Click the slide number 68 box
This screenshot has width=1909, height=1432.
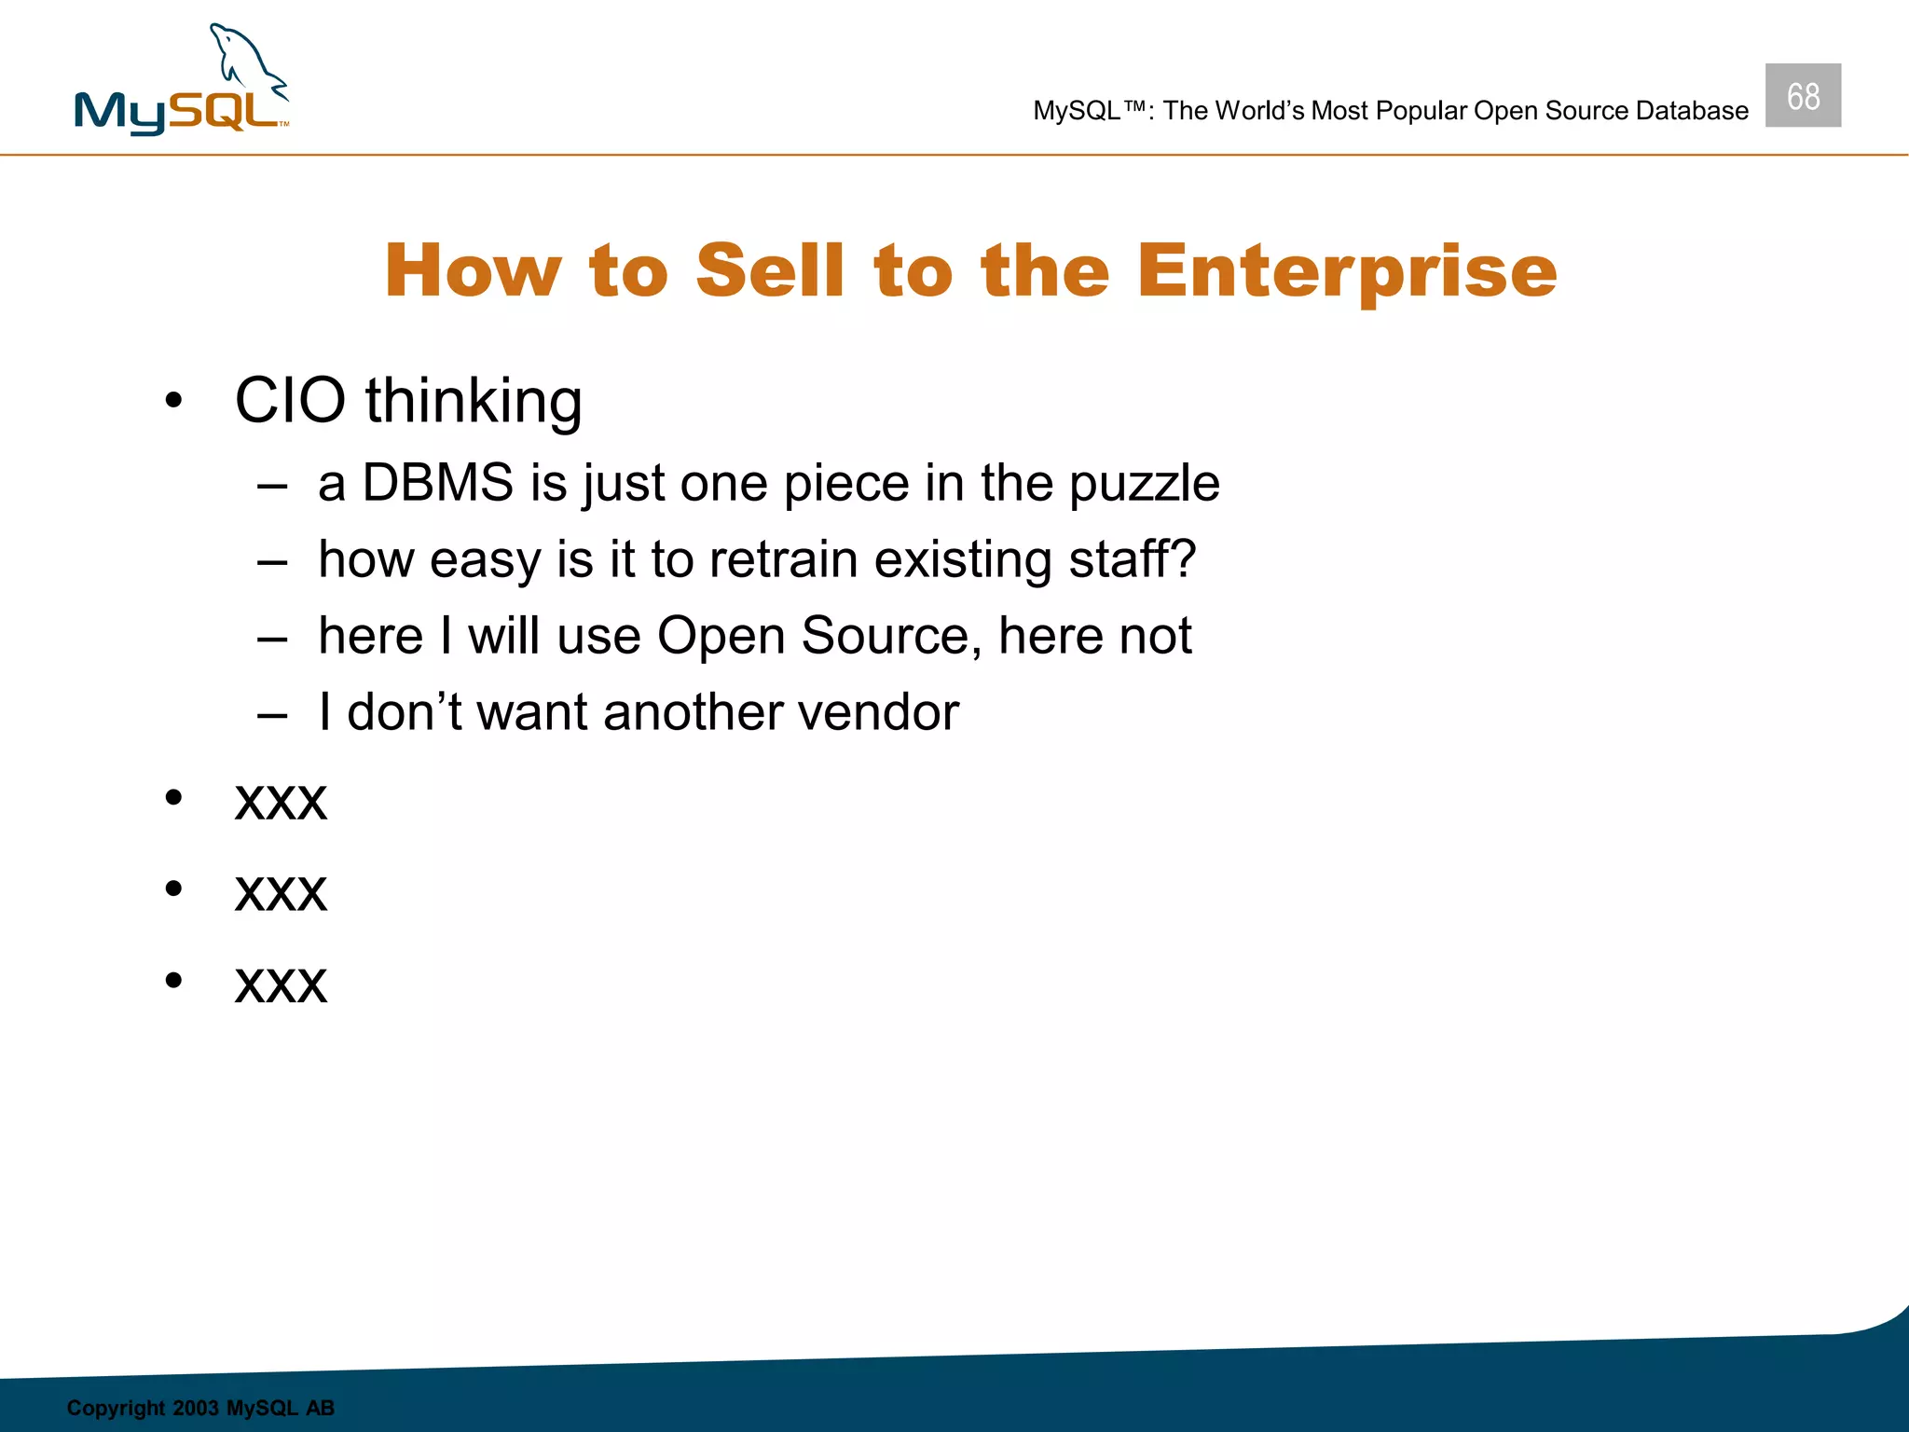[1802, 96]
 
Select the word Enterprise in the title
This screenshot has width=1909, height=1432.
[1347, 271]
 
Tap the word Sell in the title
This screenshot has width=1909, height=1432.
[769, 270]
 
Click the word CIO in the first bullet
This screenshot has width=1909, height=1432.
[290, 401]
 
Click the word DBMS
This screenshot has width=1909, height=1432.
[437, 483]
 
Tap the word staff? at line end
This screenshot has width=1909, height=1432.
[1132, 559]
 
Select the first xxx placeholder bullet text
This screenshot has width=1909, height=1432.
[281, 802]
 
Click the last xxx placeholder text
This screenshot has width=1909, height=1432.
[281, 984]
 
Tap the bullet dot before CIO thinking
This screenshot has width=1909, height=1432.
[173, 402]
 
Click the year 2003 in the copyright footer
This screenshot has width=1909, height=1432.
[195, 1408]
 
